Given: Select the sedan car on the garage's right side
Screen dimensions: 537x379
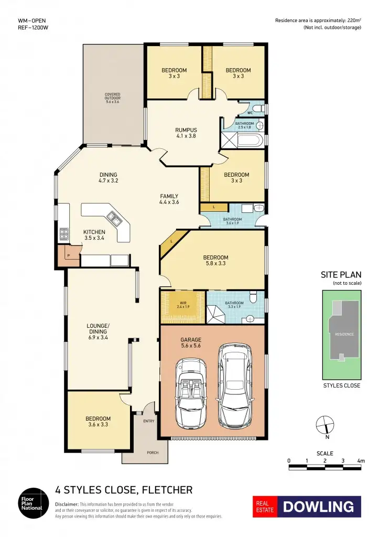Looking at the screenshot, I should coord(234,385).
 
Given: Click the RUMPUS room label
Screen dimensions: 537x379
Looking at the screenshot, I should coord(186,132).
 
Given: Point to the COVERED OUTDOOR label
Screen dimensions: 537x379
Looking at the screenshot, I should coord(112,98).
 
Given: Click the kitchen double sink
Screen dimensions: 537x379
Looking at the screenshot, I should coord(113,217).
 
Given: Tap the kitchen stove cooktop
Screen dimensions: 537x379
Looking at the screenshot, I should coord(64,233).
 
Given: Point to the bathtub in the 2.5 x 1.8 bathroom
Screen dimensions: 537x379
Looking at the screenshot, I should coord(247,141).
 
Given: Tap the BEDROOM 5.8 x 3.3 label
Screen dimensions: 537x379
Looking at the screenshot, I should coord(216,261).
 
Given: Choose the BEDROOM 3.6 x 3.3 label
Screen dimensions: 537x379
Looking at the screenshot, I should coord(98,421).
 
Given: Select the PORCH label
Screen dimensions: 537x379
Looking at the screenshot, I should coord(152,453).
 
